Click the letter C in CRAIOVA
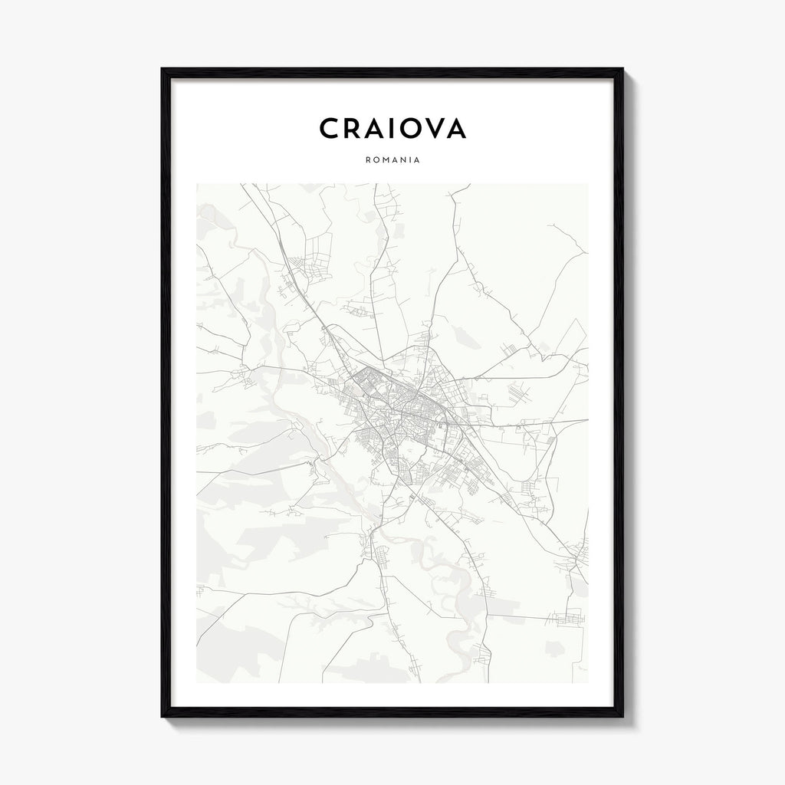click(x=330, y=129)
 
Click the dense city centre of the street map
click(x=406, y=406)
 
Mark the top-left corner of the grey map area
click(x=197, y=184)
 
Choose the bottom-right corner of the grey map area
click(x=588, y=682)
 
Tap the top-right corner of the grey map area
click(x=588, y=184)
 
